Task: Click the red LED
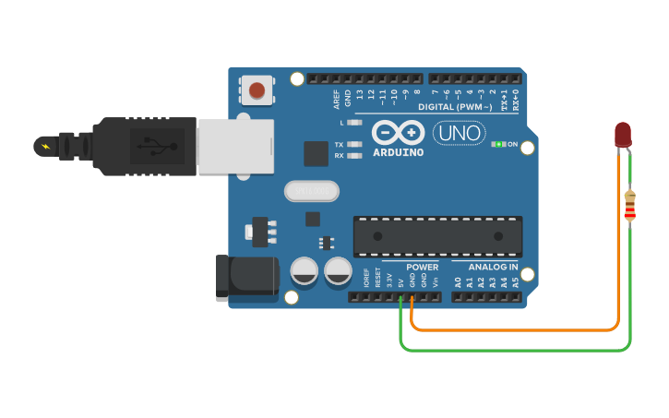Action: (623, 135)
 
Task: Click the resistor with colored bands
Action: (630, 206)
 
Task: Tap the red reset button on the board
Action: (257, 90)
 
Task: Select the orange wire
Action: (517, 329)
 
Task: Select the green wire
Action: (517, 351)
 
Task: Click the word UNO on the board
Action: (459, 133)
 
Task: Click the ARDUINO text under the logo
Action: (399, 152)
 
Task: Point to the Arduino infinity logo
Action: (399, 133)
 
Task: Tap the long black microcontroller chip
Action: (437, 237)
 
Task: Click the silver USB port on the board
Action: (236, 146)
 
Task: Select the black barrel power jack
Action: (246, 278)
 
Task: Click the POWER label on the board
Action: (423, 268)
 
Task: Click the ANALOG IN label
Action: (486, 268)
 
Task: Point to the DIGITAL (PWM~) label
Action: (460, 107)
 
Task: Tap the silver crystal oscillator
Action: (312, 191)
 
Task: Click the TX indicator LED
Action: (353, 145)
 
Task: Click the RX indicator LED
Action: (353, 156)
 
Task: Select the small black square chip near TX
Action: (317, 154)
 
